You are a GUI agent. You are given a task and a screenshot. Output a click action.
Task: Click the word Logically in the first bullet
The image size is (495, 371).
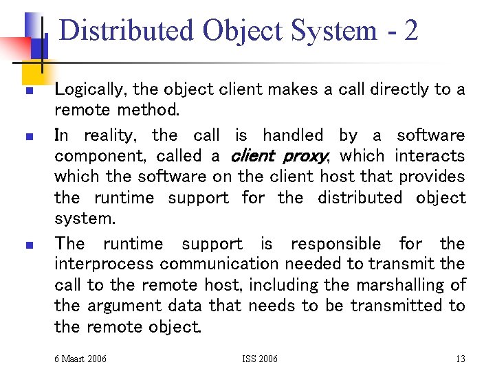point(90,89)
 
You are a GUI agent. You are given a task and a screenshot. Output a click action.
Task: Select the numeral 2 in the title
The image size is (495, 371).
point(410,30)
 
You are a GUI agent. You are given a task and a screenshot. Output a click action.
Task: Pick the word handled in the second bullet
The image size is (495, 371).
point(293,135)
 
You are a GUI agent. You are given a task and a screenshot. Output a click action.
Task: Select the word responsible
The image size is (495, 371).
point(338,244)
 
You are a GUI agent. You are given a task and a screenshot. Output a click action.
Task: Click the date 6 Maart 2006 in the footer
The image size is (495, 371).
point(80,358)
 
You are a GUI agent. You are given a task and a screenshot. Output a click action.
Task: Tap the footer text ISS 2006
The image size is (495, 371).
point(260,358)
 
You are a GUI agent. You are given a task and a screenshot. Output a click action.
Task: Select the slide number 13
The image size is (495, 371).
point(460,358)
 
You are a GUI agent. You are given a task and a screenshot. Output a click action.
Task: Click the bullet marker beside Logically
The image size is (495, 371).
point(29,91)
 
